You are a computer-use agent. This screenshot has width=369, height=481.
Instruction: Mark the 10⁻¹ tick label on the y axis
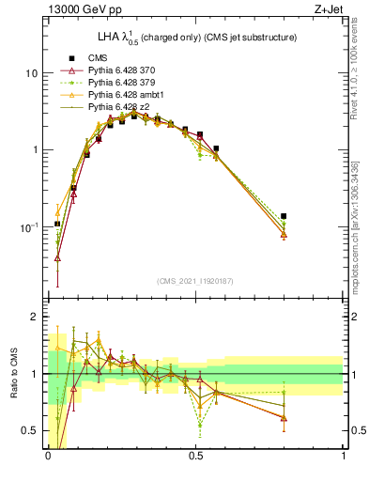pos(29,227)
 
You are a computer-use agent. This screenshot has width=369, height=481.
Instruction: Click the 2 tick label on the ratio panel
pos(35,318)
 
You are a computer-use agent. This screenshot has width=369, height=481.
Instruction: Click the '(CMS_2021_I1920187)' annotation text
pos(195,282)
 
